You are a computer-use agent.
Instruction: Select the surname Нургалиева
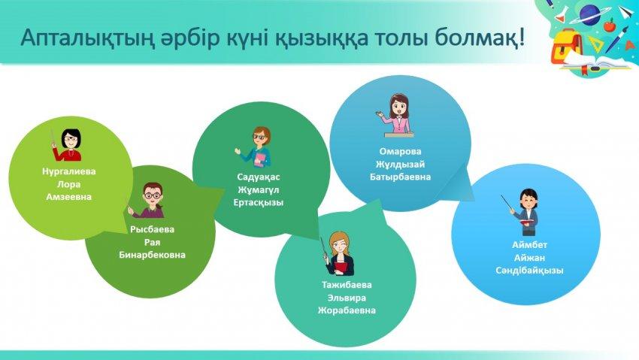69,171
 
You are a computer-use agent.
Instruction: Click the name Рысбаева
153,229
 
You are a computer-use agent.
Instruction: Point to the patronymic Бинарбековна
153,255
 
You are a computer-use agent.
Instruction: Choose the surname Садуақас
259,177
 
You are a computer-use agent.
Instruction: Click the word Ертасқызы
259,202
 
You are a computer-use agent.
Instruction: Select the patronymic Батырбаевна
400,177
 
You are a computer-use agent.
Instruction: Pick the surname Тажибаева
347,285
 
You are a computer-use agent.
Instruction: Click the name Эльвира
347,298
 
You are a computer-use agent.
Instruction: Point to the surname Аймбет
530,245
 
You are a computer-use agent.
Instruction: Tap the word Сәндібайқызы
530,271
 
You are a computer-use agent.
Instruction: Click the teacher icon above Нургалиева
68,145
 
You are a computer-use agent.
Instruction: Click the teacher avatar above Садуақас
256,147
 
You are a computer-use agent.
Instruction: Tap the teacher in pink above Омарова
395,115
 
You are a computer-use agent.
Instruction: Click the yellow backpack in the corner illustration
567,50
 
